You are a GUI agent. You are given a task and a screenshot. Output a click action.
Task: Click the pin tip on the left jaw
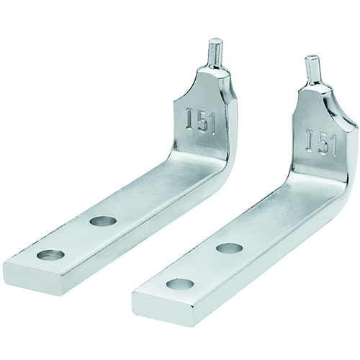coord(215,41)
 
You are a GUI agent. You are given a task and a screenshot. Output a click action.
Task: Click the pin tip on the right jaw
coord(312,58)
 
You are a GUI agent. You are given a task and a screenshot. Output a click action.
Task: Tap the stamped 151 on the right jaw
coord(321,142)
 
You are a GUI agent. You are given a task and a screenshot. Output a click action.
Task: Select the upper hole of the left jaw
coord(103,220)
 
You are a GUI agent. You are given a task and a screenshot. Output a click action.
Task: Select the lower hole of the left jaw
coord(50,255)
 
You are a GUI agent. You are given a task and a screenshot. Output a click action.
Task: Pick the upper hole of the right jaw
coord(229,248)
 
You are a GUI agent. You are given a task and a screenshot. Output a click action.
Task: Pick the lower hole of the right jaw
coord(180,284)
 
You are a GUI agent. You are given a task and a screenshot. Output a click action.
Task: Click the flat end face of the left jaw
coord(34,279)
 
